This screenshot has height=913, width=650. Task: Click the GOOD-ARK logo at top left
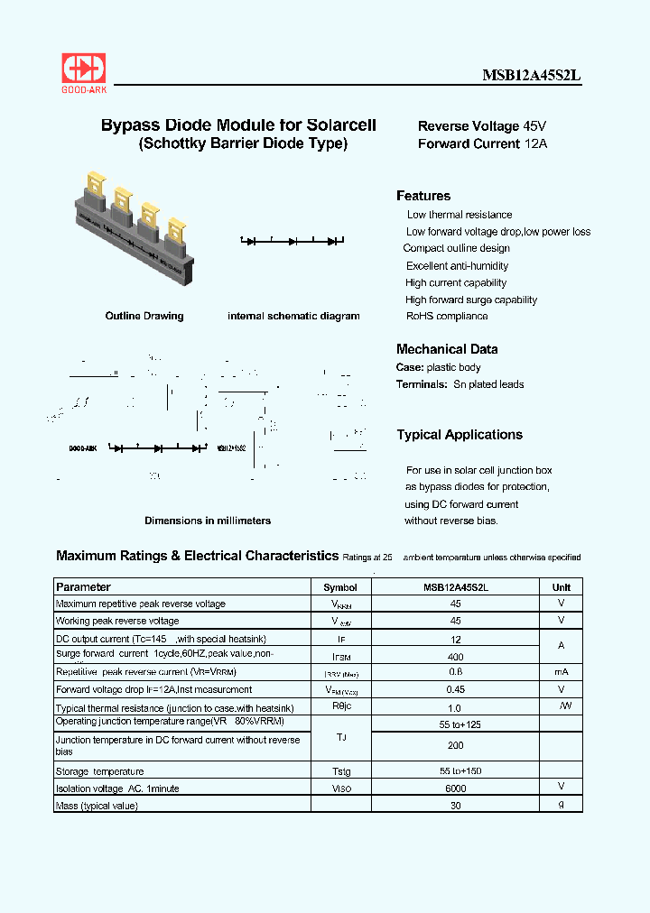83,71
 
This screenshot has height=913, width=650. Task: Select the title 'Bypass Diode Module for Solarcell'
238,126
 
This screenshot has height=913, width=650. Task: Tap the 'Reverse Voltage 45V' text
482,126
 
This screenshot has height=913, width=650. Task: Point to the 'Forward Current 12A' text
482,143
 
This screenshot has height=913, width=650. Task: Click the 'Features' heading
423,196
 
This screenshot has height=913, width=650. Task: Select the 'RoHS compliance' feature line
447,316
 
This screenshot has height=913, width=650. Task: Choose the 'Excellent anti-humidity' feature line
457,266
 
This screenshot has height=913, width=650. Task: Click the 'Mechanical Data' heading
447,349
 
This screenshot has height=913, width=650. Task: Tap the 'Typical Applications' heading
460,435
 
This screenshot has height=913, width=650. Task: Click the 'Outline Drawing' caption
144,316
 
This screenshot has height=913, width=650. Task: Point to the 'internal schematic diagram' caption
293,316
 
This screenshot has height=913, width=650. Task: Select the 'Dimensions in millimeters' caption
208,521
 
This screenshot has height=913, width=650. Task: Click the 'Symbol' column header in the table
340,587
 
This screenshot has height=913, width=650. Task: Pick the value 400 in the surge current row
456,657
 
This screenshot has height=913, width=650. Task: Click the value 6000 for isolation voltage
456,788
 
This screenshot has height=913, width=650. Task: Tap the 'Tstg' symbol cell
340,771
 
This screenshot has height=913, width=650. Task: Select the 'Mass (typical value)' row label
97,805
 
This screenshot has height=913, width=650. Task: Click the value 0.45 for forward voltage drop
456,690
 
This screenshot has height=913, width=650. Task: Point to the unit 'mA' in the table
561,673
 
